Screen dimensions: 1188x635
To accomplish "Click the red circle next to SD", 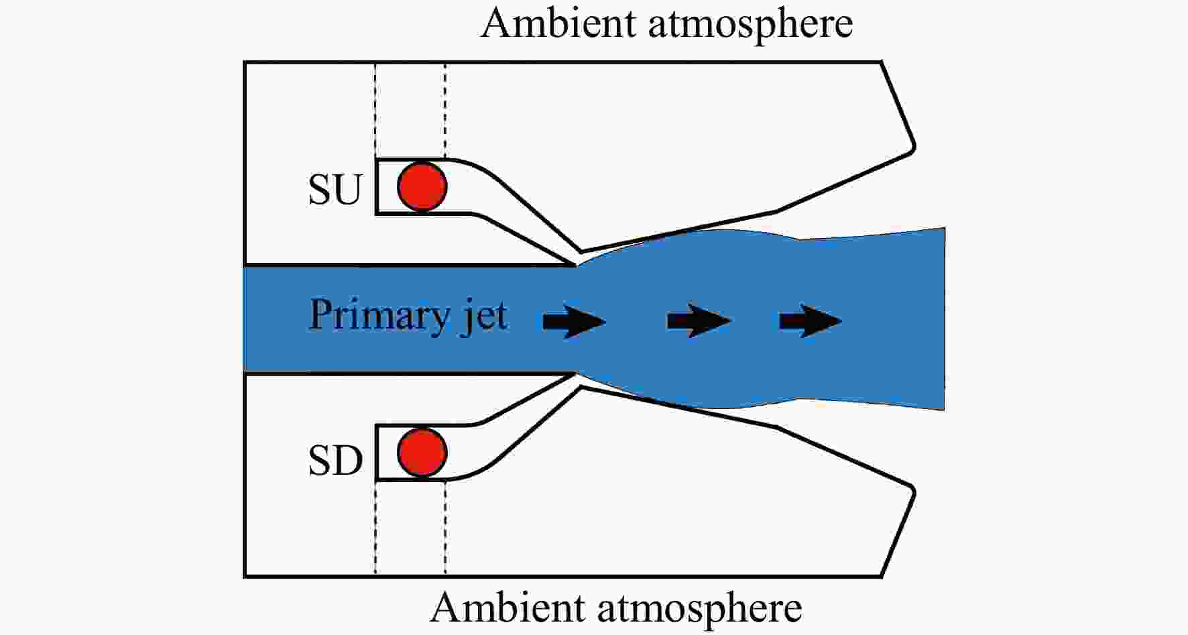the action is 422,452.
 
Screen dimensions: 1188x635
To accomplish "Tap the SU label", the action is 335,190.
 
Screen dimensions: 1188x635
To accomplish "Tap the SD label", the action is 335,461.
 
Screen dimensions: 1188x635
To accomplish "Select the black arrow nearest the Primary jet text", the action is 575,321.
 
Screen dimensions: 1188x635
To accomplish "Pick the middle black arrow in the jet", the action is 699,321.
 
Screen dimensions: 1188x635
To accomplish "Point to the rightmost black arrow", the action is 811,321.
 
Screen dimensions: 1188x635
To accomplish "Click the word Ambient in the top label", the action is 558,23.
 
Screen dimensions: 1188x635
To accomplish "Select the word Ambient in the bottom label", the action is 508,608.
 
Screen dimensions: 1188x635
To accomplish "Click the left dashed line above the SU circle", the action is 375,111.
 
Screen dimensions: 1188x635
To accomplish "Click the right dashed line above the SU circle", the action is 445,111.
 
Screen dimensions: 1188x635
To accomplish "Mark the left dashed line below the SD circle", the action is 375,528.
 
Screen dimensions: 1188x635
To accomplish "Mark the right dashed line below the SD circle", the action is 445,528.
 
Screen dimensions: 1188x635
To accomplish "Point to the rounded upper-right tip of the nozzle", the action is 913,146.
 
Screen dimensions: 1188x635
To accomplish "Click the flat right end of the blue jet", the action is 944,319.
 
